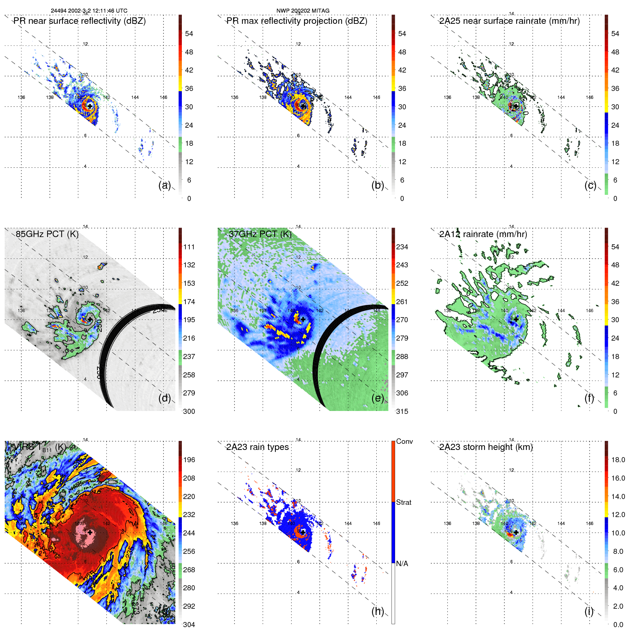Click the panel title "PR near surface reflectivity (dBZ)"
[79, 21]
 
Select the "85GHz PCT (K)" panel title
[47, 234]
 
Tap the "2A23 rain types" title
[257, 447]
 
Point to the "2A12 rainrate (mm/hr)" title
[483, 234]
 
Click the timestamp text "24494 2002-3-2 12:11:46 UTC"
[89, 11]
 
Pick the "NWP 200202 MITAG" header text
[303, 11]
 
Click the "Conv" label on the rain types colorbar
[404, 441]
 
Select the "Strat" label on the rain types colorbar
[403, 502]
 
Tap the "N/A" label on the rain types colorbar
[402, 564]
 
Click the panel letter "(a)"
[165, 185]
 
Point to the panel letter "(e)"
[378, 398]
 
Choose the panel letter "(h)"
[378, 611]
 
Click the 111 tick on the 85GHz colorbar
[189, 247]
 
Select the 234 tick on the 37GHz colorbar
[402, 247]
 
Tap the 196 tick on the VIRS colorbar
[189, 460]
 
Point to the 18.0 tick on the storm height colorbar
[618, 460]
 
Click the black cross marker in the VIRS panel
[90, 532]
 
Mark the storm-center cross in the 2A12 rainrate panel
[516, 319]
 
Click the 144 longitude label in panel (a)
[135, 97]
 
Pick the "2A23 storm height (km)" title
[486, 447]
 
